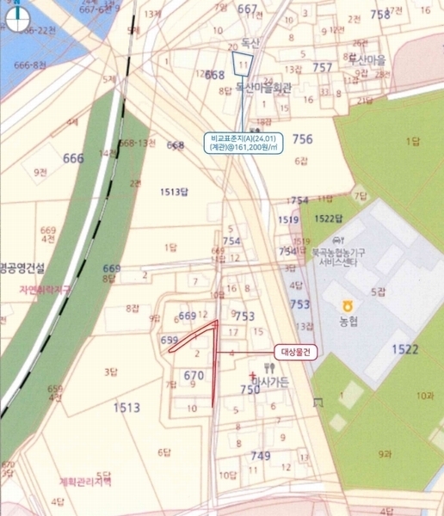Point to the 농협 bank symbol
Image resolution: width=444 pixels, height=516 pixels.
[x=346, y=305]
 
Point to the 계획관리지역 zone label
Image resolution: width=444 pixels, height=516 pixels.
[x=86, y=481]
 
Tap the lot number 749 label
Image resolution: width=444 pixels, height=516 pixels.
[x=260, y=455]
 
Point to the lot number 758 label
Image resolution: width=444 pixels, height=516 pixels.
[x=379, y=14]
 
